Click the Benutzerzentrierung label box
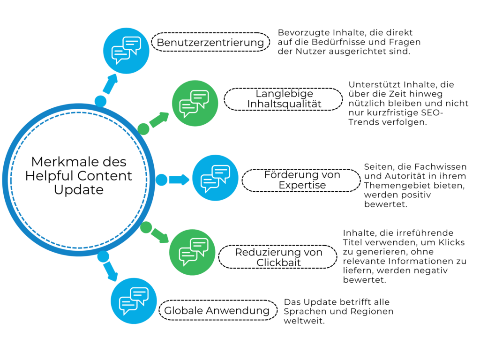point(210,42)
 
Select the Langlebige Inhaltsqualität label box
point(283,99)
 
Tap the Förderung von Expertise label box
point(301,180)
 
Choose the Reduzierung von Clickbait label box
point(278,257)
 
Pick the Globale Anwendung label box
point(218,310)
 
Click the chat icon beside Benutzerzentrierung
point(126,51)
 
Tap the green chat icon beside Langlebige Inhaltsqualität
point(195,103)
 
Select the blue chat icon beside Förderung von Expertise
point(215,178)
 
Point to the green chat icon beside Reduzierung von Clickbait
point(192,252)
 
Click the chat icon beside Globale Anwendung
point(134,300)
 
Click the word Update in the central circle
point(79,190)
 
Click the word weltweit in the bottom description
point(304,321)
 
